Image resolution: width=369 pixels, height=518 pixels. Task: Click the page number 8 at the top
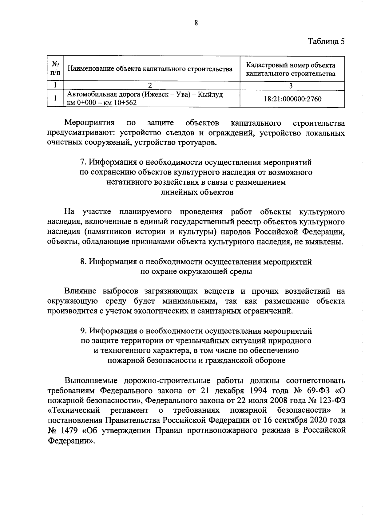click(x=196, y=23)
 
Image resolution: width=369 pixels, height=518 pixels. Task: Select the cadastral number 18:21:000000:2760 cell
click(x=292, y=99)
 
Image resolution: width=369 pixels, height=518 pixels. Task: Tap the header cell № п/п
click(x=55, y=69)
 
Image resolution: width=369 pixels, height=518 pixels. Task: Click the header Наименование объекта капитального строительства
click(x=150, y=69)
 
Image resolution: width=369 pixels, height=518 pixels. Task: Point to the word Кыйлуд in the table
click(x=210, y=95)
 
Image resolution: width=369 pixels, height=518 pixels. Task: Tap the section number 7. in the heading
click(x=83, y=162)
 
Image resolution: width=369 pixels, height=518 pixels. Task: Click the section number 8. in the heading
click(x=83, y=262)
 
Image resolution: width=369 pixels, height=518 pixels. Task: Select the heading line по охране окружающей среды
click(x=196, y=272)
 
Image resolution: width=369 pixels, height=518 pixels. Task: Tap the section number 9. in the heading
click(x=83, y=331)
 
